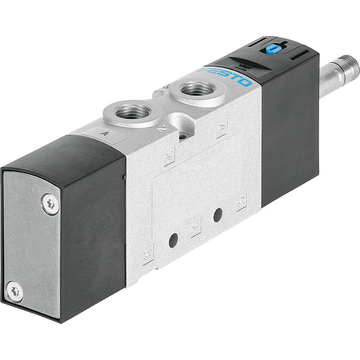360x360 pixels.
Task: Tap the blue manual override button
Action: (272, 49)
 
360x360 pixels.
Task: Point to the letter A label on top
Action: (106, 135)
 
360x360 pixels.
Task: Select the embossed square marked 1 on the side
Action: (195, 229)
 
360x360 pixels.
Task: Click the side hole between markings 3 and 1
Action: (218, 214)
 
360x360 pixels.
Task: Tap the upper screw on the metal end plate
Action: (51, 203)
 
